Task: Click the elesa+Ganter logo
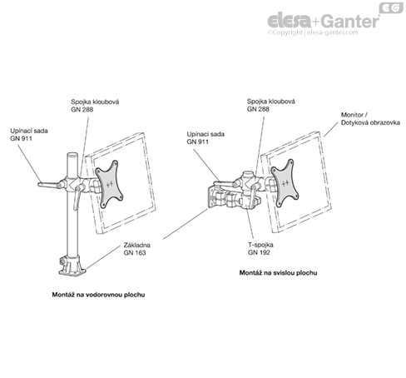click(x=324, y=21)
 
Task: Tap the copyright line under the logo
click(x=313, y=32)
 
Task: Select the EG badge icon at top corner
click(x=391, y=7)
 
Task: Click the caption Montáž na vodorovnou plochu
click(x=98, y=295)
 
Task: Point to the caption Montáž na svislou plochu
click(x=278, y=273)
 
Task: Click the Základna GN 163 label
click(x=137, y=249)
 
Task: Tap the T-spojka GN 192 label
click(x=260, y=248)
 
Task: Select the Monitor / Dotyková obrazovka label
click(x=370, y=118)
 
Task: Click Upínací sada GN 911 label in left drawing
click(x=29, y=135)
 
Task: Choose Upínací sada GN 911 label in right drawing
click(x=205, y=138)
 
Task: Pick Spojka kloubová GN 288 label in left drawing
click(x=95, y=106)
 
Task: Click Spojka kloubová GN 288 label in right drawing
click(x=271, y=105)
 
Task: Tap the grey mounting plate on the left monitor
click(x=109, y=184)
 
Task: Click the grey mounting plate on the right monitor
click(x=285, y=183)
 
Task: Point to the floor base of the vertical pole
click(x=72, y=266)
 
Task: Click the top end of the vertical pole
click(x=72, y=154)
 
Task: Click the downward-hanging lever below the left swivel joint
click(x=77, y=197)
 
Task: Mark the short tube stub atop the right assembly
click(x=246, y=175)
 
